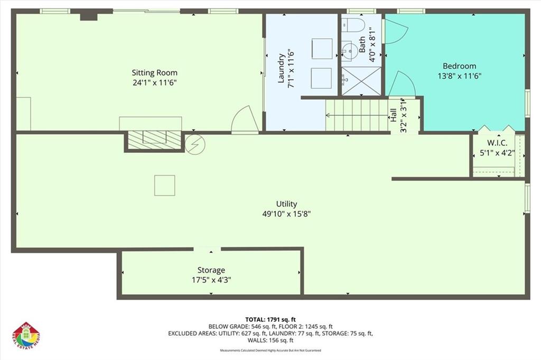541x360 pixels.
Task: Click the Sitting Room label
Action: [154, 72]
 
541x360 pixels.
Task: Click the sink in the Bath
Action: [348, 50]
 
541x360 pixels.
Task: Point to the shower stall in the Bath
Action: [361, 81]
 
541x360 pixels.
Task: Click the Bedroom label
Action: [459, 66]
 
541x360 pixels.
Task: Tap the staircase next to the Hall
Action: [357, 115]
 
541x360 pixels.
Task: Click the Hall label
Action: [394, 115]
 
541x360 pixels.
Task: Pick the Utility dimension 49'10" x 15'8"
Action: [286, 214]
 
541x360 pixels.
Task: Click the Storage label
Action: [211, 270]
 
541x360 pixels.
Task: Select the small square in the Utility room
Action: [164, 185]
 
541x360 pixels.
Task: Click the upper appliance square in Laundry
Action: [321, 48]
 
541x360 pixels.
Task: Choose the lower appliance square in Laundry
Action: [321, 78]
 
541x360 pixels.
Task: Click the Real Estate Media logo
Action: [26, 335]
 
